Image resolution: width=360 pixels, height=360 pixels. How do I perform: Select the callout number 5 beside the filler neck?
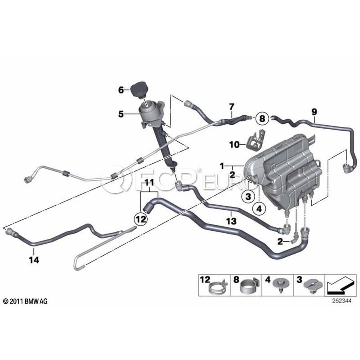point(121,114)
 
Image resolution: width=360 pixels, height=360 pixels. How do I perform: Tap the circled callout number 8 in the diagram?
point(262,119)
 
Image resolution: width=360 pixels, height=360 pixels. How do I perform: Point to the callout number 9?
point(314,112)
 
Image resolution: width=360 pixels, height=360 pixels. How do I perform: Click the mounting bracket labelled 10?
point(255,140)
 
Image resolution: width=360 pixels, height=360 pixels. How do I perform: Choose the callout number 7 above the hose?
point(232,107)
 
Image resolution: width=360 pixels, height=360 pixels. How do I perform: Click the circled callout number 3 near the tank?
point(248,197)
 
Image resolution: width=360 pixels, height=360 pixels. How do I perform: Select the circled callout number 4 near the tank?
point(259,209)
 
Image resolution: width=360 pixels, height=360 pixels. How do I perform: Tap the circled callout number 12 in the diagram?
point(141,219)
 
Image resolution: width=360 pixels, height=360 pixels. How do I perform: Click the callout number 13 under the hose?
point(231,221)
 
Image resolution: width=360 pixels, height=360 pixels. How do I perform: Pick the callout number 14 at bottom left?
point(34,260)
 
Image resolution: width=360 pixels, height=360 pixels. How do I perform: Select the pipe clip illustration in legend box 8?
point(250,287)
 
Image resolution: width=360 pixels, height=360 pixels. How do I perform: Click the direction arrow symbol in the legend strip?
point(341,285)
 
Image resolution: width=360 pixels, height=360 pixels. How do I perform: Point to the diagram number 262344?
point(342,301)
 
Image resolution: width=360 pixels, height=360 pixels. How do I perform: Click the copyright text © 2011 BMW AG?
point(25,302)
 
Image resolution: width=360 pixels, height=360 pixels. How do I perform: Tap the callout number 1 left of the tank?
point(222,166)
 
